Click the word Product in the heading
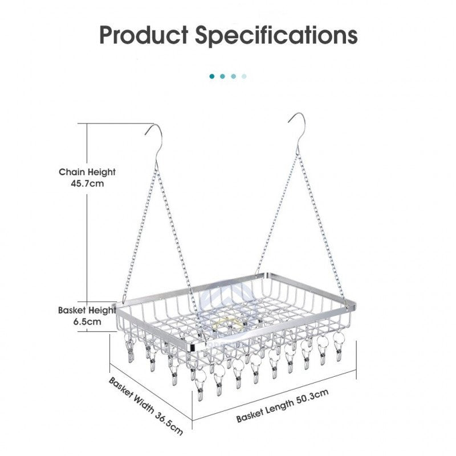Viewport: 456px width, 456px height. (144, 35)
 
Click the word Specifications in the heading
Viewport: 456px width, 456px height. (276, 35)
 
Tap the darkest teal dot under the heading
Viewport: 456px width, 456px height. (212, 76)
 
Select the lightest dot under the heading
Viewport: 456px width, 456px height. (245, 76)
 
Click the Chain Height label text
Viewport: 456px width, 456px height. (88, 172)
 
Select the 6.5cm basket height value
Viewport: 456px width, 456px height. (88, 321)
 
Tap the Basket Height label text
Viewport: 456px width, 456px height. (87, 311)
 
